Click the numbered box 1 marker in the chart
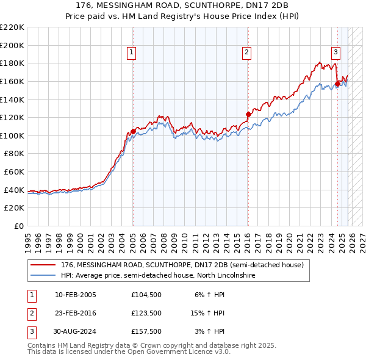(x=132, y=53)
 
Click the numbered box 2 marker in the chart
(x=247, y=53)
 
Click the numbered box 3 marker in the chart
(x=336, y=53)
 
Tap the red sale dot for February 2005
(x=133, y=131)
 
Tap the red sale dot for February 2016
(x=248, y=114)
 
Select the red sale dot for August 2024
(x=337, y=84)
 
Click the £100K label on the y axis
(x=12, y=135)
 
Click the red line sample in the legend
(x=43, y=265)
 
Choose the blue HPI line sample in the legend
(x=43, y=276)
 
